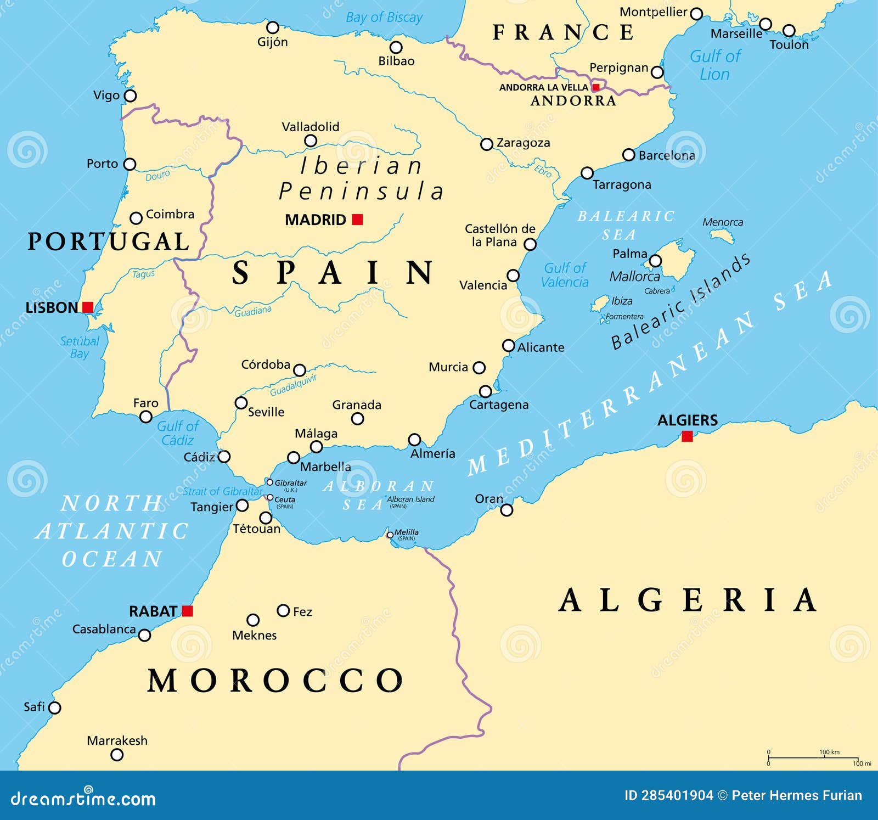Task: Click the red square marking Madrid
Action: coord(357,220)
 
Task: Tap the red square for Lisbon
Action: coord(88,307)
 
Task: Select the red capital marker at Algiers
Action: coord(687,436)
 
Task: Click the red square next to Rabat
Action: coord(187,611)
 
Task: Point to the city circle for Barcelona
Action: coord(629,155)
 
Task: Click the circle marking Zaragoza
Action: coord(486,144)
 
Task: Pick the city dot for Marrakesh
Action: coord(117,755)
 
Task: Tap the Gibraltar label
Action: coord(290,483)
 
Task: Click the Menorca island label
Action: coord(723,222)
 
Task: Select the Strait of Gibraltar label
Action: coord(222,491)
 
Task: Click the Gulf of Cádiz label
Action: coord(177,433)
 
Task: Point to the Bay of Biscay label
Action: coord(384,18)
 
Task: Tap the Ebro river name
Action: coord(542,171)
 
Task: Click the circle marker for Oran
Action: coord(506,510)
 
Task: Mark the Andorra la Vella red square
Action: coord(596,87)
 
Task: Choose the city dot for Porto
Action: coord(130,164)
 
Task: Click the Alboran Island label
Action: coord(410,499)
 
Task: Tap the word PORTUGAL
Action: coord(108,242)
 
